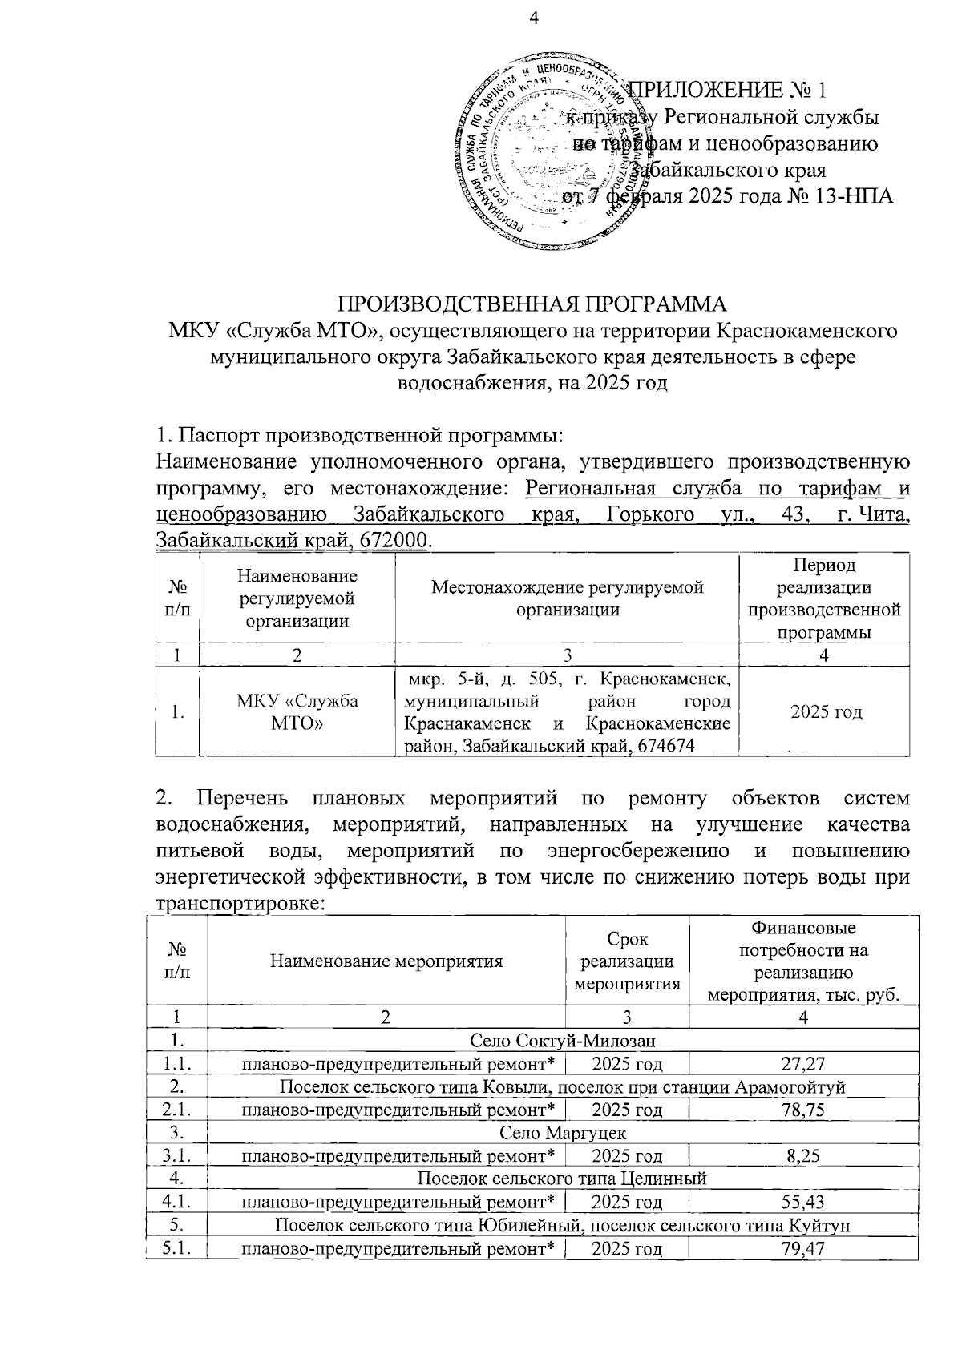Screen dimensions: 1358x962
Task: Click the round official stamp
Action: point(543,154)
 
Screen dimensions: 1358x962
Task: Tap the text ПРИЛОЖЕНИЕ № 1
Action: point(728,89)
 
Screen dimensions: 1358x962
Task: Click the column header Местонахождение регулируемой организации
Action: point(567,598)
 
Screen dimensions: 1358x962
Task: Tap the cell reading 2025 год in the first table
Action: point(826,711)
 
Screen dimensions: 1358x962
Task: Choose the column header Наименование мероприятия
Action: point(386,961)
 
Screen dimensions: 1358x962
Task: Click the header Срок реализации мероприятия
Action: point(627,961)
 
